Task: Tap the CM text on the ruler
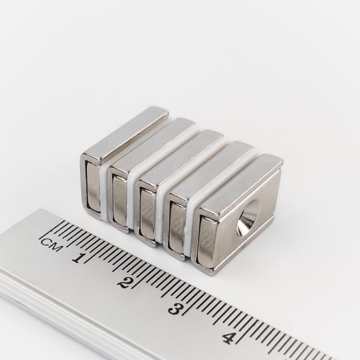[x=51, y=244]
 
